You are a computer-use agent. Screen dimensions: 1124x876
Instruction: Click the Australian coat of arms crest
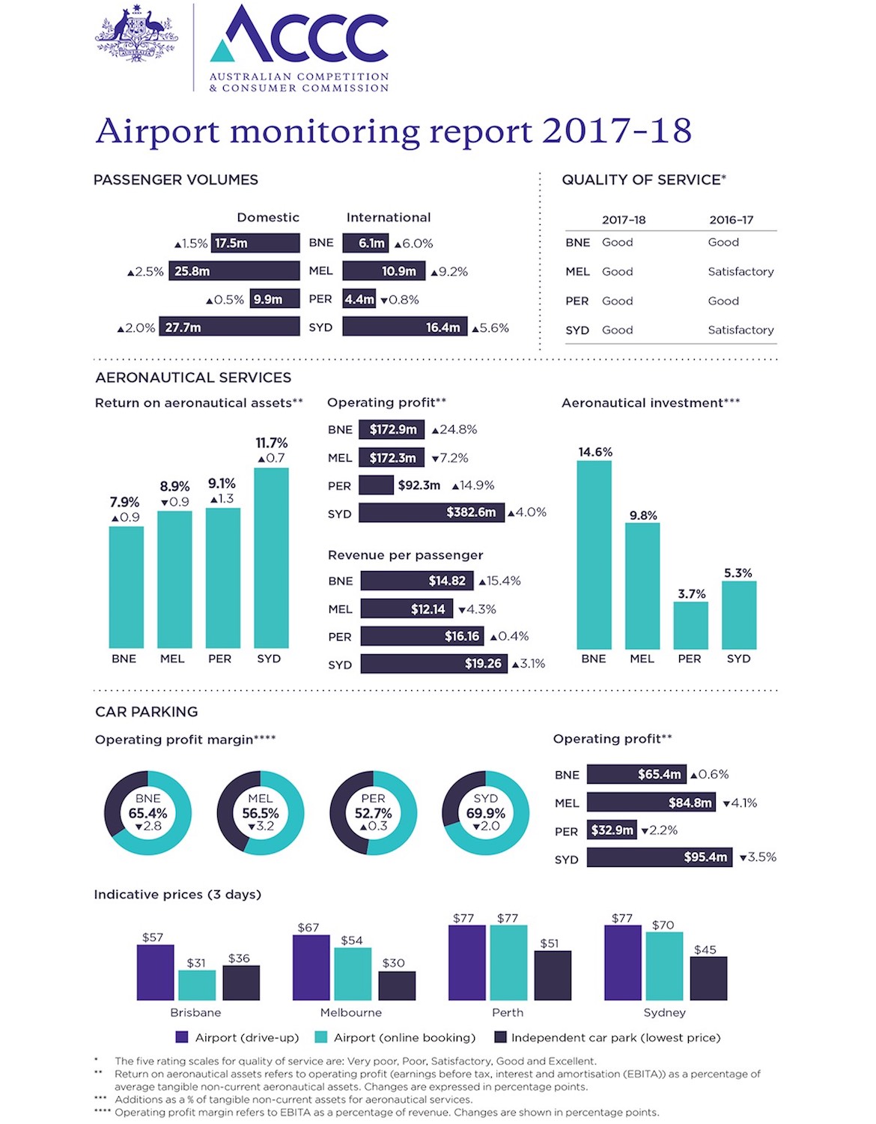click(136, 34)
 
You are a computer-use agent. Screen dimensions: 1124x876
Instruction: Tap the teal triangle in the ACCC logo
click(223, 52)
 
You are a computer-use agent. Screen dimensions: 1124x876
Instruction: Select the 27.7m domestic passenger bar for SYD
click(228, 327)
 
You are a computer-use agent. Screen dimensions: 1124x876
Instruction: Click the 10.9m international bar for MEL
click(383, 271)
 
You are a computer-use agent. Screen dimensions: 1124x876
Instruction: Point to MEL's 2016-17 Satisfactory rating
click(740, 271)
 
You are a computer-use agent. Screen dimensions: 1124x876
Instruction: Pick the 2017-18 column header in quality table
click(623, 220)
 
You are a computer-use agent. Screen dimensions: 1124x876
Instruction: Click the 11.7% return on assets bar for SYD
click(271, 558)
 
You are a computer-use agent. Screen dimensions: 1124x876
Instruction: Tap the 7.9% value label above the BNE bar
click(124, 502)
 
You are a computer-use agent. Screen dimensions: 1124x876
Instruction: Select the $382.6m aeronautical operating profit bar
click(431, 513)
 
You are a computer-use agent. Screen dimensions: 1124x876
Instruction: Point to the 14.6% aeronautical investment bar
click(594, 555)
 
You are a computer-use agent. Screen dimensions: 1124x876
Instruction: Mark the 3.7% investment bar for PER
click(690, 625)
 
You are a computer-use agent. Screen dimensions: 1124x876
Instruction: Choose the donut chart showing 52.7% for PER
click(373, 813)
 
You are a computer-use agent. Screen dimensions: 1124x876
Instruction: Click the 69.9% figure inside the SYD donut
click(485, 813)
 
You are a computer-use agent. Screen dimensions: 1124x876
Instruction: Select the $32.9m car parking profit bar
click(612, 830)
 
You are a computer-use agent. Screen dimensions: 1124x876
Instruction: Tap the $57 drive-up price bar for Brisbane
click(155, 972)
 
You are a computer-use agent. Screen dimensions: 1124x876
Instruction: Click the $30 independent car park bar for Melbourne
click(397, 985)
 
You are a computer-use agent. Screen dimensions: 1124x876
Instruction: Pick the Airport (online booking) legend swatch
click(321, 1037)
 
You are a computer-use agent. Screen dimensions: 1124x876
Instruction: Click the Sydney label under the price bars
click(664, 1012)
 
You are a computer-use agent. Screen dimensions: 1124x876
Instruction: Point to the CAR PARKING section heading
click(147, 712)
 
